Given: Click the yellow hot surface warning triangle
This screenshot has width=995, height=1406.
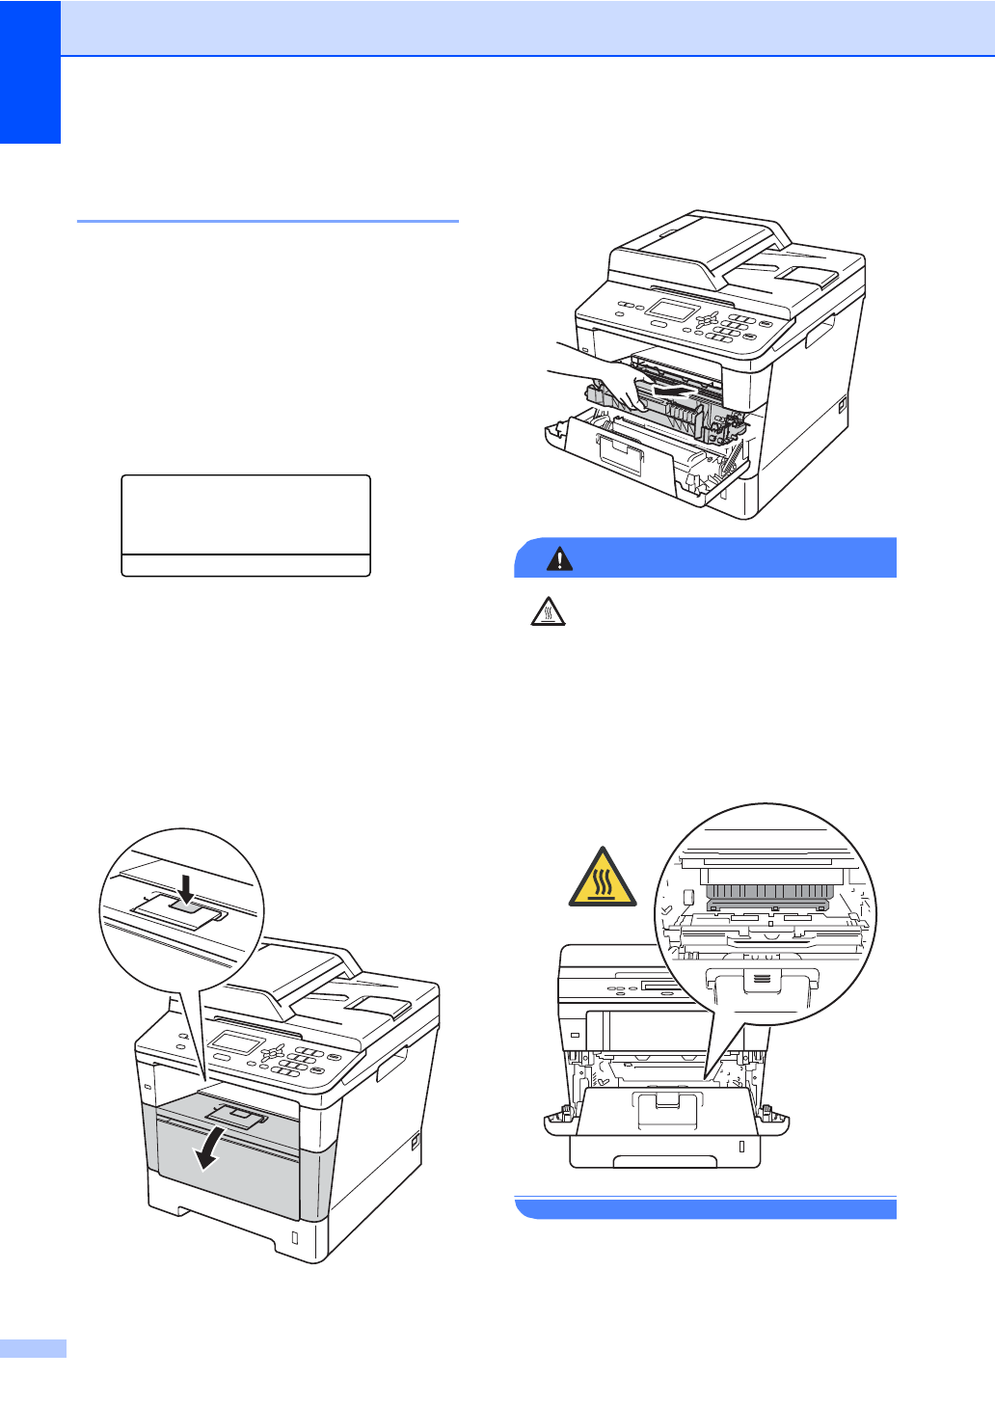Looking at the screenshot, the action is [603, 879].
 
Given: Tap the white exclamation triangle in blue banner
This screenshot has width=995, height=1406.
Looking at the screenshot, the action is [559, 558].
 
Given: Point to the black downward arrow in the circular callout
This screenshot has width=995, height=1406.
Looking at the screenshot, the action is [186, 889].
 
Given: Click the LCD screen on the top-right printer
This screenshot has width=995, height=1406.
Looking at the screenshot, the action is [672, 311].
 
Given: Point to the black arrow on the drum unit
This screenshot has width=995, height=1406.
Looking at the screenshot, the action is [675, 391].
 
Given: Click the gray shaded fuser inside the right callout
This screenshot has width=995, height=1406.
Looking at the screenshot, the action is [767, 895].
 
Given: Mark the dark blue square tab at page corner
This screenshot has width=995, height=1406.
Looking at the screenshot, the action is [30, 71].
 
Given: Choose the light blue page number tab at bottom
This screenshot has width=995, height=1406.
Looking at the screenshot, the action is [33, 1348].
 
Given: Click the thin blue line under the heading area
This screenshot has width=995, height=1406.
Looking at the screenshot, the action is [267, 221].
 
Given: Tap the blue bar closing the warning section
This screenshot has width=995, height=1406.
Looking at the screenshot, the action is [706, 1207].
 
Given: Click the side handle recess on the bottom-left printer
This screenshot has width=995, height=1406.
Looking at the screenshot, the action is [391, 1065].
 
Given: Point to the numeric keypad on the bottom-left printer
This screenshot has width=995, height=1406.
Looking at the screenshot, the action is [295, 1062].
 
